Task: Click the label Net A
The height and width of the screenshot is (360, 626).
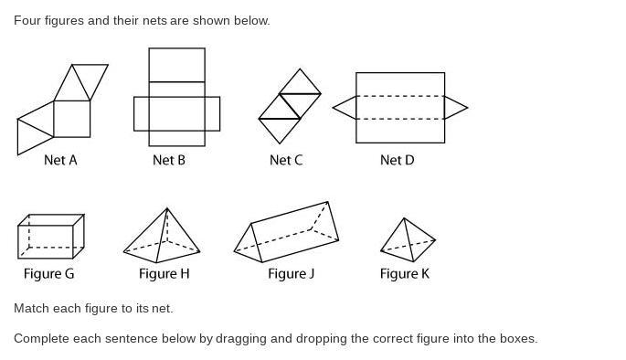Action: (60, 160)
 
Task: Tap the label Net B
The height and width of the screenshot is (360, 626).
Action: (169, 160)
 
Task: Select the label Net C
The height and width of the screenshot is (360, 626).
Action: (286, 160)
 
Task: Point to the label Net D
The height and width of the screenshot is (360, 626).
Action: (398, 160)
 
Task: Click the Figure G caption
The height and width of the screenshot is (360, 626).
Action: (49, 274)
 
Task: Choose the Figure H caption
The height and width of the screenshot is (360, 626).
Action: (164, 274)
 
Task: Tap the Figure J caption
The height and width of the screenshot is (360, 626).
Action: (291, 274)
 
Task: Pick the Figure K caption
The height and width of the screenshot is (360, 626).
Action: (405, 274)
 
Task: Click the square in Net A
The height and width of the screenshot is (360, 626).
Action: (72, 119)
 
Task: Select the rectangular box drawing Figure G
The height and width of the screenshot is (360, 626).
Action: (51, 237)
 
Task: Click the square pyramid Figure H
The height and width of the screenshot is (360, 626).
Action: (162, 236)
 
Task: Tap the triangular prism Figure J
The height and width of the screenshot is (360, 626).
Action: (286, 232)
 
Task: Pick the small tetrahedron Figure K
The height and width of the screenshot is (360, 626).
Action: (408, 240)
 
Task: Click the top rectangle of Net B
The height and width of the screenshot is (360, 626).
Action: (177, 65)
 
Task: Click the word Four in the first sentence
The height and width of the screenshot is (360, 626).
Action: (27, 20)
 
